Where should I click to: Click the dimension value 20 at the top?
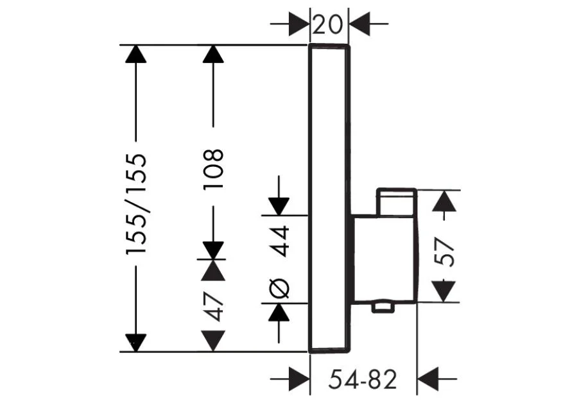pos(328,25)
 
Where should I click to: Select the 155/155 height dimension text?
pos(137,204)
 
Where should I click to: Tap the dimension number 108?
pos(213,169)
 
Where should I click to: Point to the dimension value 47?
pos(214,306)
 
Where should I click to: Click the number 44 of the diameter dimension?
pos(279,241)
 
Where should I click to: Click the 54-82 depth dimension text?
pos(363,379)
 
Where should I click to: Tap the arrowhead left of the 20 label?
pos(298,24)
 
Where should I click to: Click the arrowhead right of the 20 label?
pos(359,24)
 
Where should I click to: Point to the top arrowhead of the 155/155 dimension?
pos(136,54)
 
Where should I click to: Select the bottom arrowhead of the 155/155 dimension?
pos(136,343)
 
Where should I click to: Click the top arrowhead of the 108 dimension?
pos(213,54)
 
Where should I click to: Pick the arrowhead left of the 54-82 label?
pos(299,379)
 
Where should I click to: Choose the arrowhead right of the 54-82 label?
pos(428,379)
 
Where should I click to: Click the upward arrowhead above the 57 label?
pos(444,202)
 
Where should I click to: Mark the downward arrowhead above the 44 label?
pos(279,207)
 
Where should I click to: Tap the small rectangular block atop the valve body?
pos(397,202)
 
